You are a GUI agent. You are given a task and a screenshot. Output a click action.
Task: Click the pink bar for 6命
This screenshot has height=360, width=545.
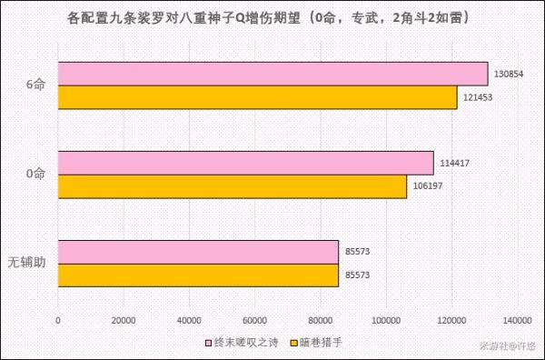tap(272, 73)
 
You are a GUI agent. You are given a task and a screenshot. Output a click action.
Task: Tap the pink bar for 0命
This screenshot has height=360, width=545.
tap(245, 162)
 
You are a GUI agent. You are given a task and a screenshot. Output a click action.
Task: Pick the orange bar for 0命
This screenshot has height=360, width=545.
tap(232, 185)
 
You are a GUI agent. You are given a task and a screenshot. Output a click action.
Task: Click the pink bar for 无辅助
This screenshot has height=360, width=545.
tap(198, 251)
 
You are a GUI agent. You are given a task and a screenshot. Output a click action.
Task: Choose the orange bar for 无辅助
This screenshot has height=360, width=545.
tap(198, 275)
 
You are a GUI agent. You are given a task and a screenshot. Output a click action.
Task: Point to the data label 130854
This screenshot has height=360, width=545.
tap(508, 75)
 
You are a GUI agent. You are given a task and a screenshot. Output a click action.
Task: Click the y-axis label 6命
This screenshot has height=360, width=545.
tap(35, 85)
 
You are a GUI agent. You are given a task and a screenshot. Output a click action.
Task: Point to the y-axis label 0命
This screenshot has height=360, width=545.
tap(35, 174)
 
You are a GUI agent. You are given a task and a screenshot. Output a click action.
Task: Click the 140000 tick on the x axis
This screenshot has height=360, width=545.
tap(518, 319)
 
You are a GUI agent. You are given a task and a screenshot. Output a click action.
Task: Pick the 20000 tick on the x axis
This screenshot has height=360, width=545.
tap(124, 319)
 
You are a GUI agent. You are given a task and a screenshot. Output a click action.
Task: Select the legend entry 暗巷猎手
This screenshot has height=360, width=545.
tap(317, 343)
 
